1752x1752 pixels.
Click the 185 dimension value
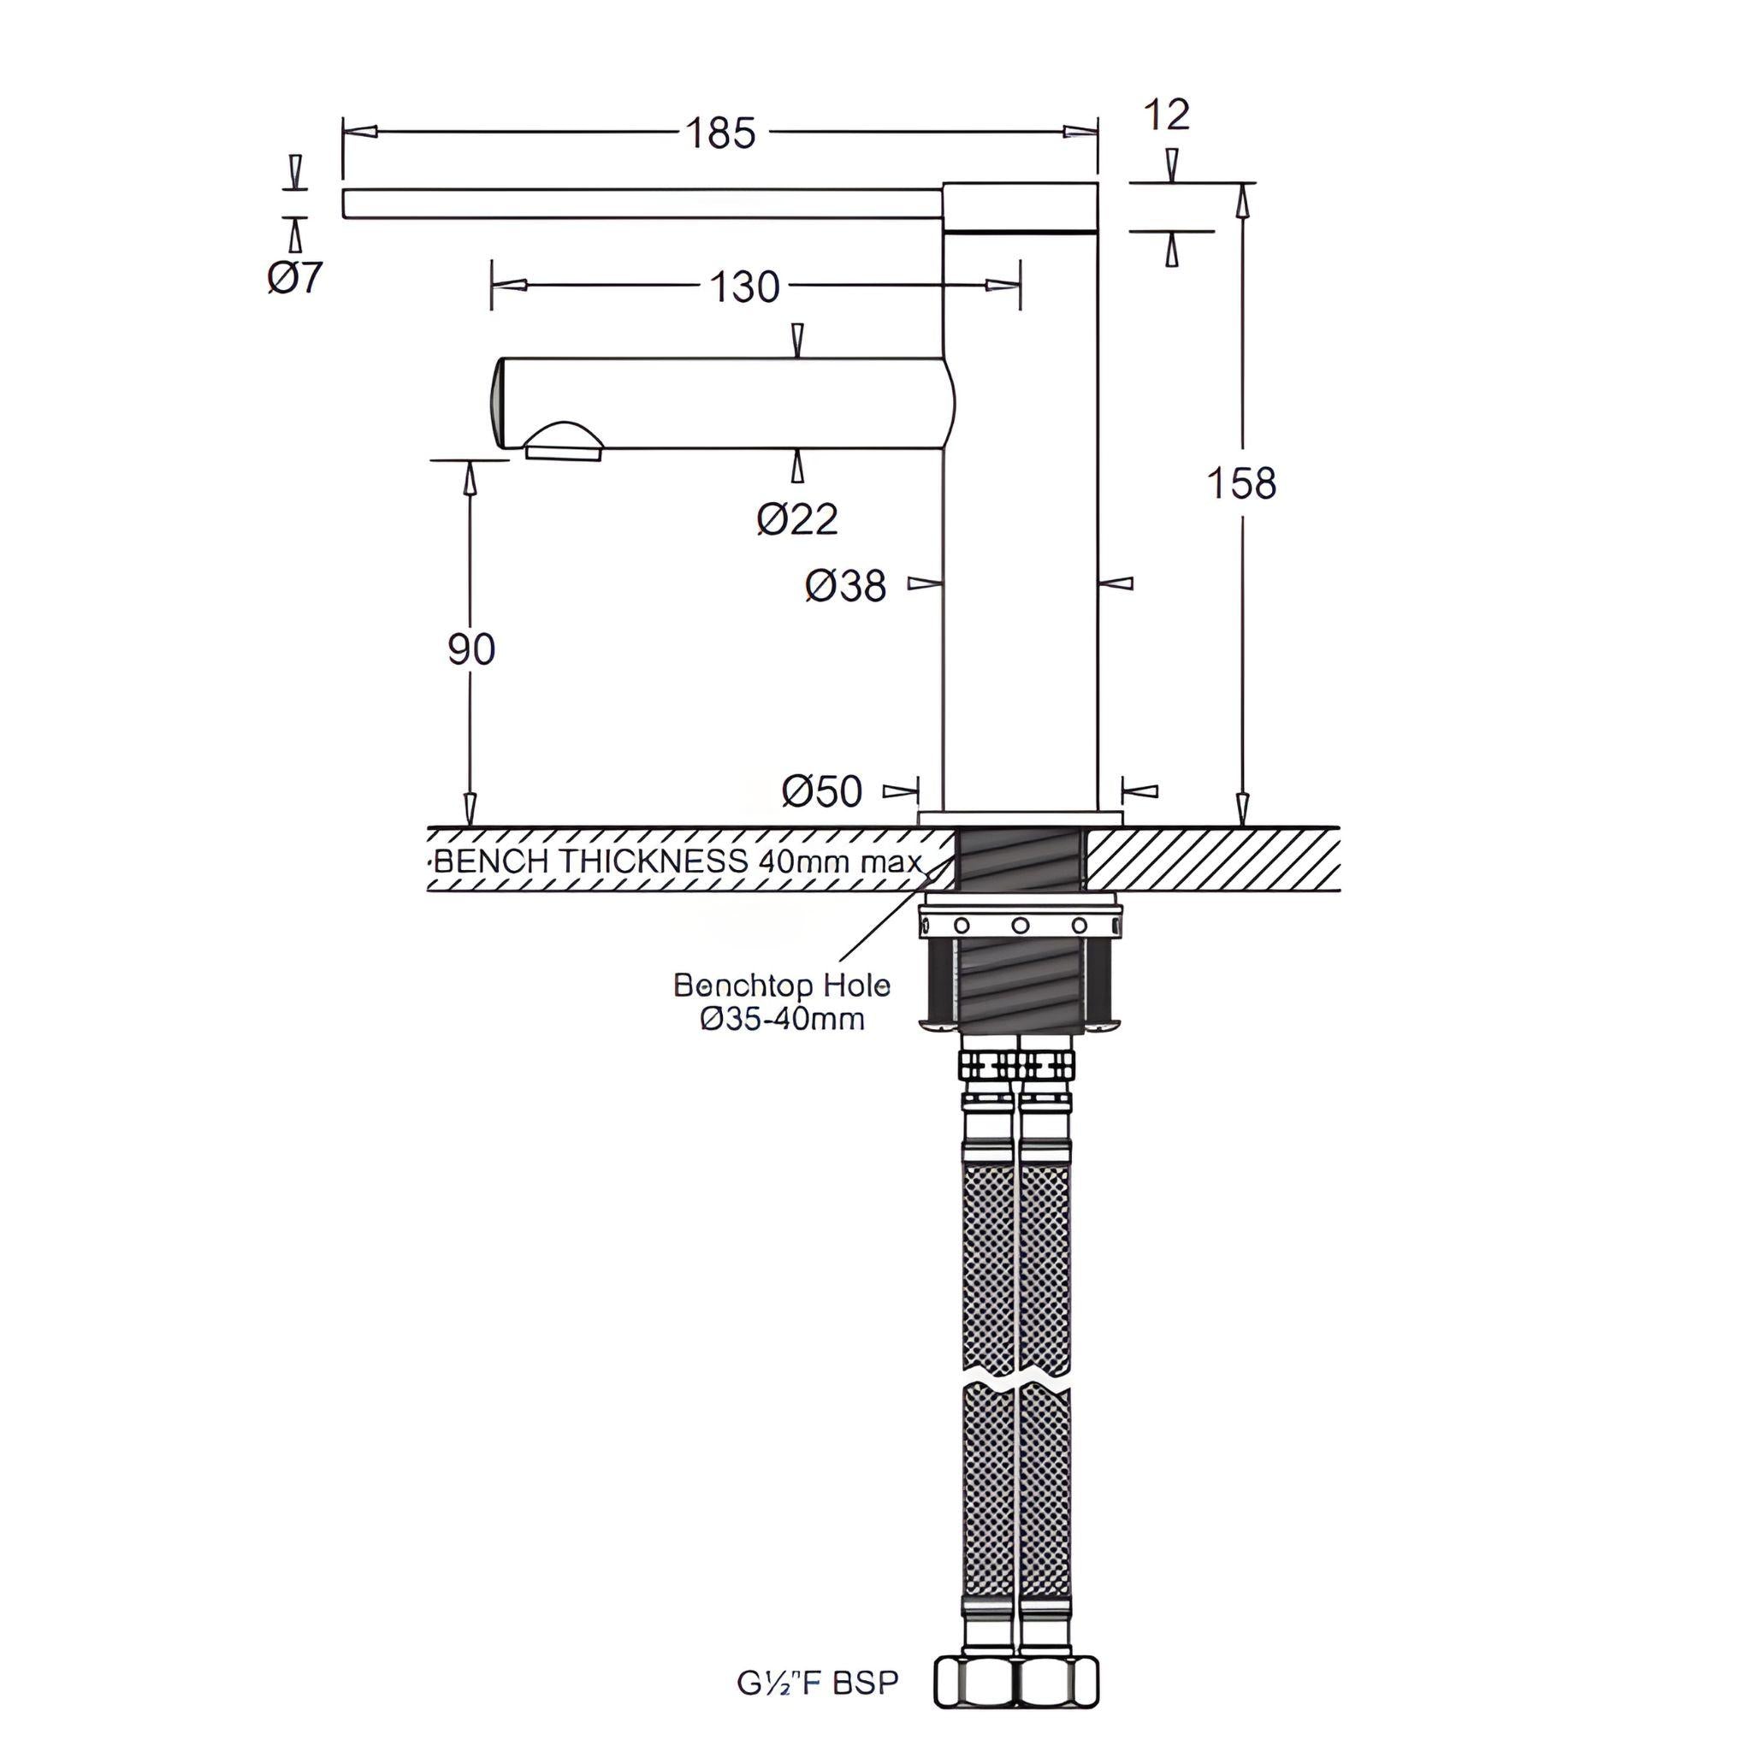pos(720,133)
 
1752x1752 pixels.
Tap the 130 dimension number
pos(743,287)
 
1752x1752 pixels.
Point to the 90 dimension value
pos(471,649)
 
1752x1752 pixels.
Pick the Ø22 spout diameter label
pos(797,518)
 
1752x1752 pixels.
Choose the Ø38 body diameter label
pos(845,586)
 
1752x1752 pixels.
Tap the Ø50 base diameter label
pos(821,790)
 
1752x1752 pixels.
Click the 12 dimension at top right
pos(1166,115)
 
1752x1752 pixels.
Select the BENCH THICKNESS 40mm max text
pos(678,861)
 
